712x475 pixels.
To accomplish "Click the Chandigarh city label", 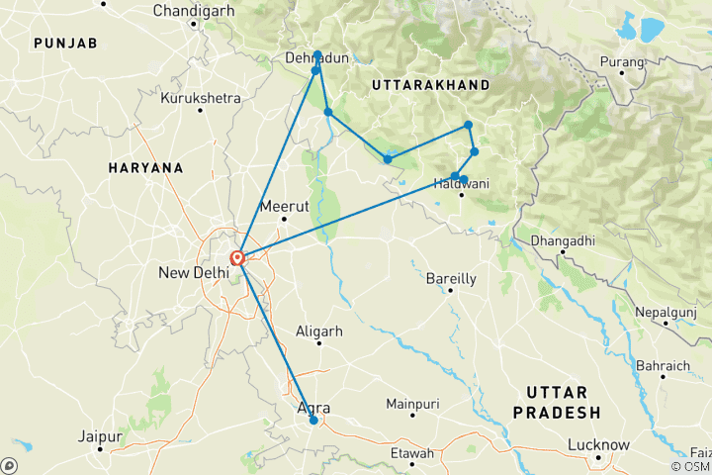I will pos(195,11).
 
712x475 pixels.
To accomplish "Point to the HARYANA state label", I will pos(146,168).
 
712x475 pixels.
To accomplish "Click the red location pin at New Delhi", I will pos(237,259).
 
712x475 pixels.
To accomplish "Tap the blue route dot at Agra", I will pos(313,421).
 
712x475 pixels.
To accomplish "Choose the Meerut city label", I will pos(278,207).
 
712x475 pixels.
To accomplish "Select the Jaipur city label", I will pos(99,436).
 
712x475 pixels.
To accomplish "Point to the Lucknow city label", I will pos(598,445).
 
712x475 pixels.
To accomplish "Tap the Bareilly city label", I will pos(451,279).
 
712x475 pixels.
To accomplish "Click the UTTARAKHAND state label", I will pos(430,86).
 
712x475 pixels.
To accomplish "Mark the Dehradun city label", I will pos(316,59).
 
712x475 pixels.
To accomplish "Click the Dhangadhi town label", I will pos(562,239).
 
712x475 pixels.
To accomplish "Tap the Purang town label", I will pos(622,62).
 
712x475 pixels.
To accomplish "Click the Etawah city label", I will pos(412,453).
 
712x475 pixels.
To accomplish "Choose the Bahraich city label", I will pos(664,366).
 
